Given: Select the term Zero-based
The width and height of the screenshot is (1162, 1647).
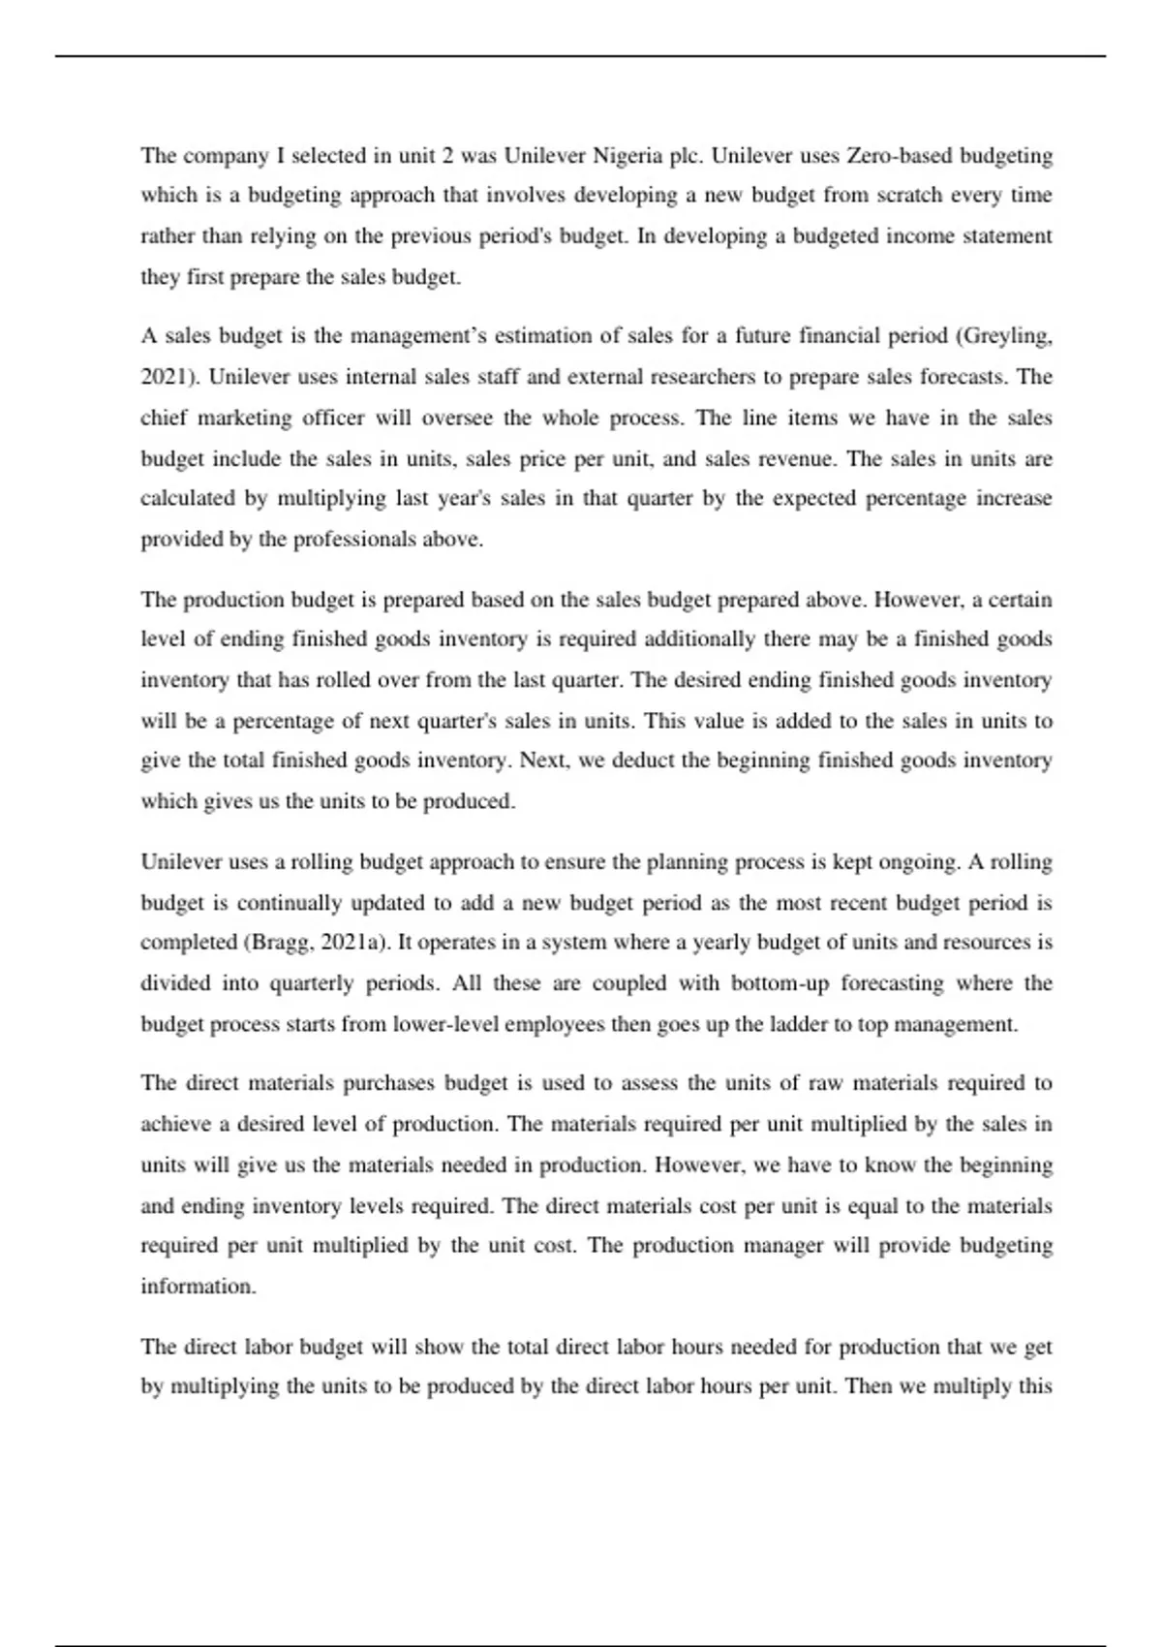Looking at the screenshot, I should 896,155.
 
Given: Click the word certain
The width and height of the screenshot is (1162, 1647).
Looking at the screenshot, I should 1020,600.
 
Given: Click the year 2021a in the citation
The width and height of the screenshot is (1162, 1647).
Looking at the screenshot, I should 352,943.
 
